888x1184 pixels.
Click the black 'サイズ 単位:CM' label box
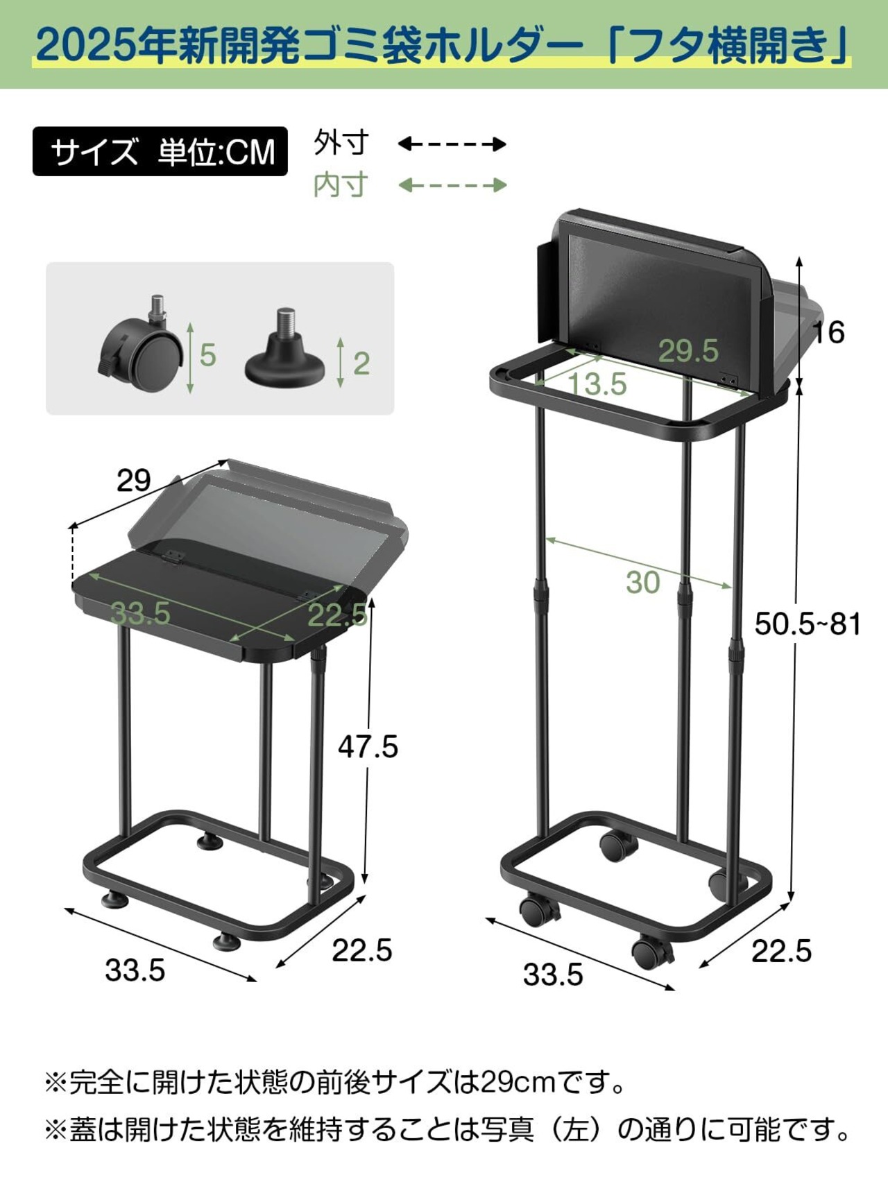160,151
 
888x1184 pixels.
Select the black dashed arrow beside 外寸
452,144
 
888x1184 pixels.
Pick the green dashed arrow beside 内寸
452,185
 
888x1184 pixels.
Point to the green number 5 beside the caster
207,355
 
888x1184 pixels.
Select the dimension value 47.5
368,747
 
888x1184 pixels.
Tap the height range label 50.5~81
808,624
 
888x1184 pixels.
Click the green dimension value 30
642,583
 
